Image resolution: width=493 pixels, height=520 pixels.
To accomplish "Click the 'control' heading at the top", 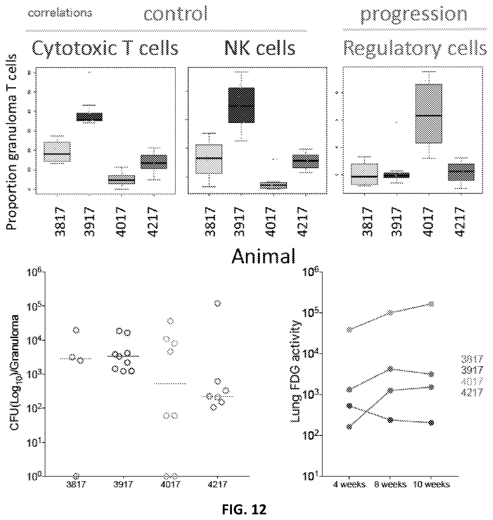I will (176, 13).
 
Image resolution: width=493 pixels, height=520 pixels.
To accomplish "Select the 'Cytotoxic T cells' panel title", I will (105, 48).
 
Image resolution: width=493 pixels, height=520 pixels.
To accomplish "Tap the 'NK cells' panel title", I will (260, 48).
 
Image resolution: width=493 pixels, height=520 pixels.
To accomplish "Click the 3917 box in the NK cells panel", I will (241, 105).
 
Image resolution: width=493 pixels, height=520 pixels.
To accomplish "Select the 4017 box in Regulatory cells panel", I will (429, 113).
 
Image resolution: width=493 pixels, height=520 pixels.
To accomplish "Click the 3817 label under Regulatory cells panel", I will (367, 222).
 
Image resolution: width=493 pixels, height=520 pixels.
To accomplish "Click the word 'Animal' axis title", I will (263, 256).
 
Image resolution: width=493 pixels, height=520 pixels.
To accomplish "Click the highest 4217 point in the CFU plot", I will (218, 304).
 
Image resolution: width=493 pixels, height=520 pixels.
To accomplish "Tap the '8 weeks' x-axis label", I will (390, 484).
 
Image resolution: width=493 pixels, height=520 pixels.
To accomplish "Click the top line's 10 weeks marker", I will (431, 304).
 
